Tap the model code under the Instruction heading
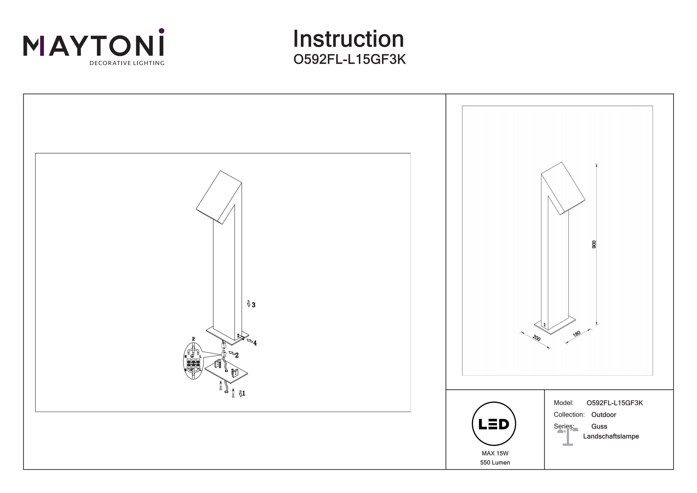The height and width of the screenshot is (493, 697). (x=349, y=60)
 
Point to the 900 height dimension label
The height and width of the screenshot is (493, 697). (x=594, y=244)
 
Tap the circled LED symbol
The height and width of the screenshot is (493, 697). (x=494, y=424)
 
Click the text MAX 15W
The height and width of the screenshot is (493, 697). (x=495, y=453)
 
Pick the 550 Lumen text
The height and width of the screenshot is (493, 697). (x=495, y=463)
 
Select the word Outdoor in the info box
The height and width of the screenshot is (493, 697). (x=604, y=415)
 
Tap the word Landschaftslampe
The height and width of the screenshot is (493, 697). (x=611, y=437)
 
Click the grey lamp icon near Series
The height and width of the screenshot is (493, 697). (x=568, y=437)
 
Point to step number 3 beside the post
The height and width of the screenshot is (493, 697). (x=253, y=305)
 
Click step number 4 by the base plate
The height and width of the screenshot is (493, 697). (x=255, y=343)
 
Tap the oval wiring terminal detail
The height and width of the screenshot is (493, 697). (x=193, y=361)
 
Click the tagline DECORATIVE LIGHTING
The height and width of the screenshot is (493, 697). (x=127, y=63)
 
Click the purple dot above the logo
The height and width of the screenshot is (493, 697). (x=161, y=31)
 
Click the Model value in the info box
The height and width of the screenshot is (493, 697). (x=615, y=403)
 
